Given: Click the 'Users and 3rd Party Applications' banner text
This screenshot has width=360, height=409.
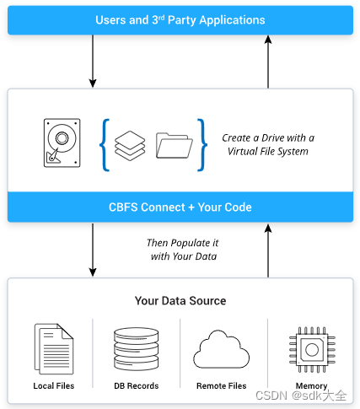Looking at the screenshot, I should (x=180, y=19).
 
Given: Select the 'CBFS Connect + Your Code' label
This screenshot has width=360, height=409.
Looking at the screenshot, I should (x=180, y=207).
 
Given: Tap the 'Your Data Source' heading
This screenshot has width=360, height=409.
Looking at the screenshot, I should (x=180, y=300).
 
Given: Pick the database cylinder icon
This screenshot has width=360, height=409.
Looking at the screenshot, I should (x=136, y=347).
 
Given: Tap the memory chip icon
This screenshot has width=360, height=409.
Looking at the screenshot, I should (x=311, y=347).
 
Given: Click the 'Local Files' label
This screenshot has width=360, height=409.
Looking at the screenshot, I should (x=53, y=385).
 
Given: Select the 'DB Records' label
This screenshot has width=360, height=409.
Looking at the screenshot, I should (x=136, y=385).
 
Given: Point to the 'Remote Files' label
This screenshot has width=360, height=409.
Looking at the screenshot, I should (x=222, y=385).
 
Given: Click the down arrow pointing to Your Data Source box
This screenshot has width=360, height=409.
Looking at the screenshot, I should (x=92, y=250).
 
